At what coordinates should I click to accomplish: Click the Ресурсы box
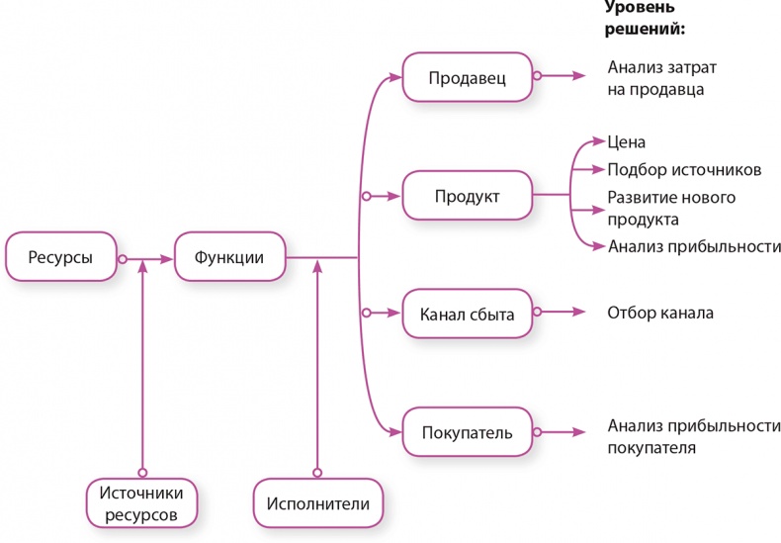[61, 258]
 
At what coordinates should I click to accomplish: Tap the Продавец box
[468, 77]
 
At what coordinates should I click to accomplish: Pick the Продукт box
[468, 196]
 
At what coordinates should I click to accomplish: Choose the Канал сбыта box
[468, 315]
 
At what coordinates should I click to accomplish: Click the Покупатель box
[468, 433]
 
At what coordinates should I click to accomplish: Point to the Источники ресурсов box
[141, 503]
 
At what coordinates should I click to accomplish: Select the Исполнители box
[318, 503]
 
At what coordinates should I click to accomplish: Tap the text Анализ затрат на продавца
[661, 77]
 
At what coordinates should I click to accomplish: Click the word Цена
[627, 142]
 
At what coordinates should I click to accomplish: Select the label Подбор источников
[684, 169]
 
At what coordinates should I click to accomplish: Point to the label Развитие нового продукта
[671, 208]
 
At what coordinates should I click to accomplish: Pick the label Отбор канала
[659, 314]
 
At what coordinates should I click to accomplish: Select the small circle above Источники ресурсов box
[142, 472]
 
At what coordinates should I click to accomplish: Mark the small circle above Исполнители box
[317, 472]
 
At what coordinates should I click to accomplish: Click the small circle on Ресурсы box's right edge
[123, 259]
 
